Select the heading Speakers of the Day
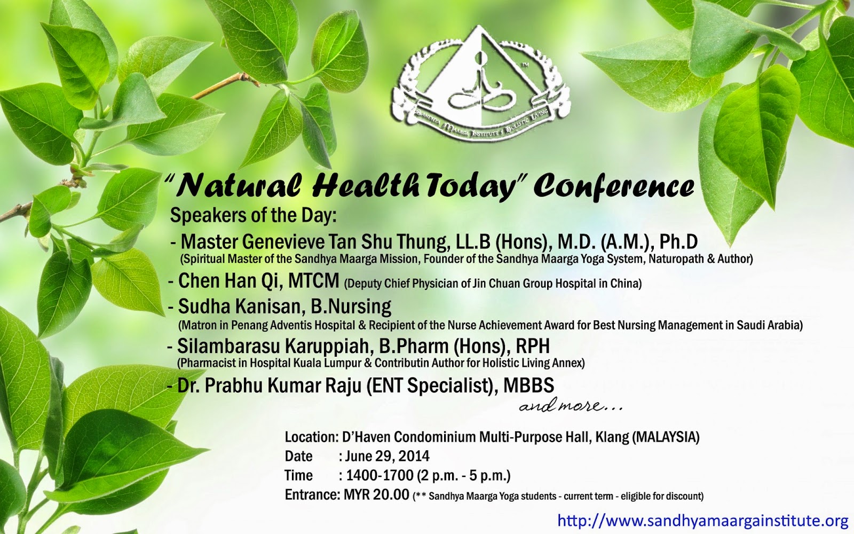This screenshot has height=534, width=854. (x=254, y=216)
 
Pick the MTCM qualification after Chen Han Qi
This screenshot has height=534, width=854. (x=314, y=281)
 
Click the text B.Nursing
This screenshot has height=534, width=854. (x=351, y=307)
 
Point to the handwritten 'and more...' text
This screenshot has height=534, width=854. (x=571, y=405)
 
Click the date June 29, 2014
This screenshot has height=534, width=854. (x=388, y=456)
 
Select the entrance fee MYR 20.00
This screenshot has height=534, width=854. (x=376, y=494)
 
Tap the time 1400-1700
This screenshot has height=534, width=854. (x=379, y=476)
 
